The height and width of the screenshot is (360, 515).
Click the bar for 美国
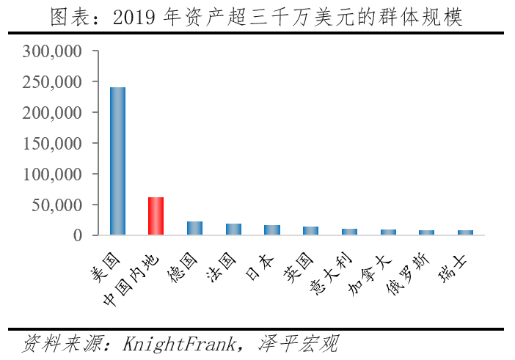pyautogui.click(x=117, y=161)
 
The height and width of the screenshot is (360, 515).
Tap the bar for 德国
pyautogui.click(x=194, y=228)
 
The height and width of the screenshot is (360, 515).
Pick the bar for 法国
pyautogui.click(x=233, y=229)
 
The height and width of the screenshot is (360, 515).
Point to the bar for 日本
pyautogui.click(x=272, y=230)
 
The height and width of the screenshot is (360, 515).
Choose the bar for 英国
pyautogui.click(x=311, y=231)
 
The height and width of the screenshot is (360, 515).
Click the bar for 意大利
pyautogui.click(x=349, y=232)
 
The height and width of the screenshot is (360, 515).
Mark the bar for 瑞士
pyautogui.click(x=465, y=232)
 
